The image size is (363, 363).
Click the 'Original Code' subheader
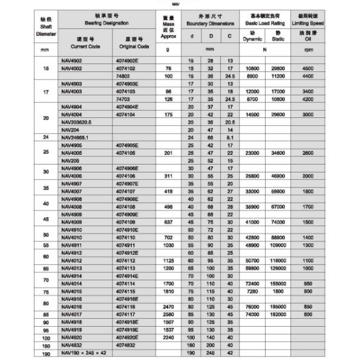click(x=134, y=46)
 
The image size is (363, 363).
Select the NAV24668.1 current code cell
click(x=75, y=137)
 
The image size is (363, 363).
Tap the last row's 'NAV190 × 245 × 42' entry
click(x=84, y=352)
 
